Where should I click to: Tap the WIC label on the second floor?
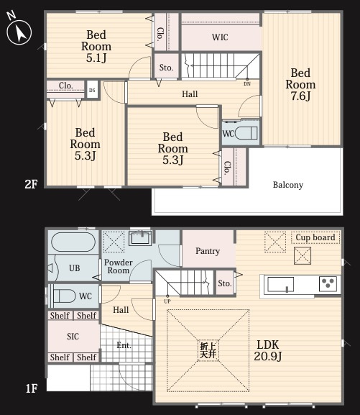click(220, 37)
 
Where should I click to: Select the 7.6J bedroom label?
click(300, 84)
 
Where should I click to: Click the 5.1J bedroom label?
click(96, 46)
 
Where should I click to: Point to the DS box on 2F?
click(92, 90)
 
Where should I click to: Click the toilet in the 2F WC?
click(246, 133)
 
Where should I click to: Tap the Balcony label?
click(288, 185)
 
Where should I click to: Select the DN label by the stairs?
click(247, 84)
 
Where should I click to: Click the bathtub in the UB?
click(73, 242)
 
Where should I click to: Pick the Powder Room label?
click(119, 266)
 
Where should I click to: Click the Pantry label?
click(208, 251)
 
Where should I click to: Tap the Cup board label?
click(315, 237)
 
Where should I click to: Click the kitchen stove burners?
click(328, 283)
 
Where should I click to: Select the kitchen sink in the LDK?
click(281, 285)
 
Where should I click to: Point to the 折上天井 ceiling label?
click(208, 350)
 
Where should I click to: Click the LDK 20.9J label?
click(268, 350)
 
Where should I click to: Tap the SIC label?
click(73, 336)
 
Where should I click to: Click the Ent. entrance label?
click(124, 345)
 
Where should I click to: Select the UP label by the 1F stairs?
click(167, 301)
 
